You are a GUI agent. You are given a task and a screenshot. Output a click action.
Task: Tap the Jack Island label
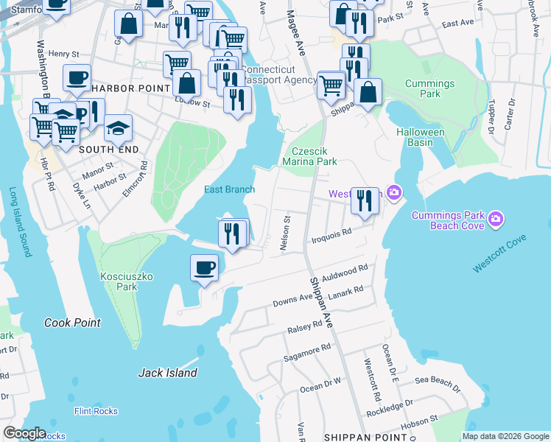pos(168,373)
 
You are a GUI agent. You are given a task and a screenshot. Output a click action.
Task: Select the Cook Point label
pos(72,323)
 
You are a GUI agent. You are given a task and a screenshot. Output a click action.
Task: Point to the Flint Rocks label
pos(96,411)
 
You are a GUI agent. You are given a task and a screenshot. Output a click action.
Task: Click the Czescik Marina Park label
pos(310,155)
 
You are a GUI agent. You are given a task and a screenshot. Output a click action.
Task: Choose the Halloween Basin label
pos(421,137)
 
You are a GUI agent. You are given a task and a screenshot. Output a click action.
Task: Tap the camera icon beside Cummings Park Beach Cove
pos(496,219)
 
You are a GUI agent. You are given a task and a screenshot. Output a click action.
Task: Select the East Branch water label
pos(229,189)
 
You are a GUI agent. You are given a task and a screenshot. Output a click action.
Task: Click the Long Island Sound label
pos(20,221)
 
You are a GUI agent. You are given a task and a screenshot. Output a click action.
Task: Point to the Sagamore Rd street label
pos(307,352)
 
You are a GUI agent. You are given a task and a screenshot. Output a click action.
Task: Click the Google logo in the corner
pos(24,433)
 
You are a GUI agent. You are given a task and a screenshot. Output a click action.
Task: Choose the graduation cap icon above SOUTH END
pos(118,129)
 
